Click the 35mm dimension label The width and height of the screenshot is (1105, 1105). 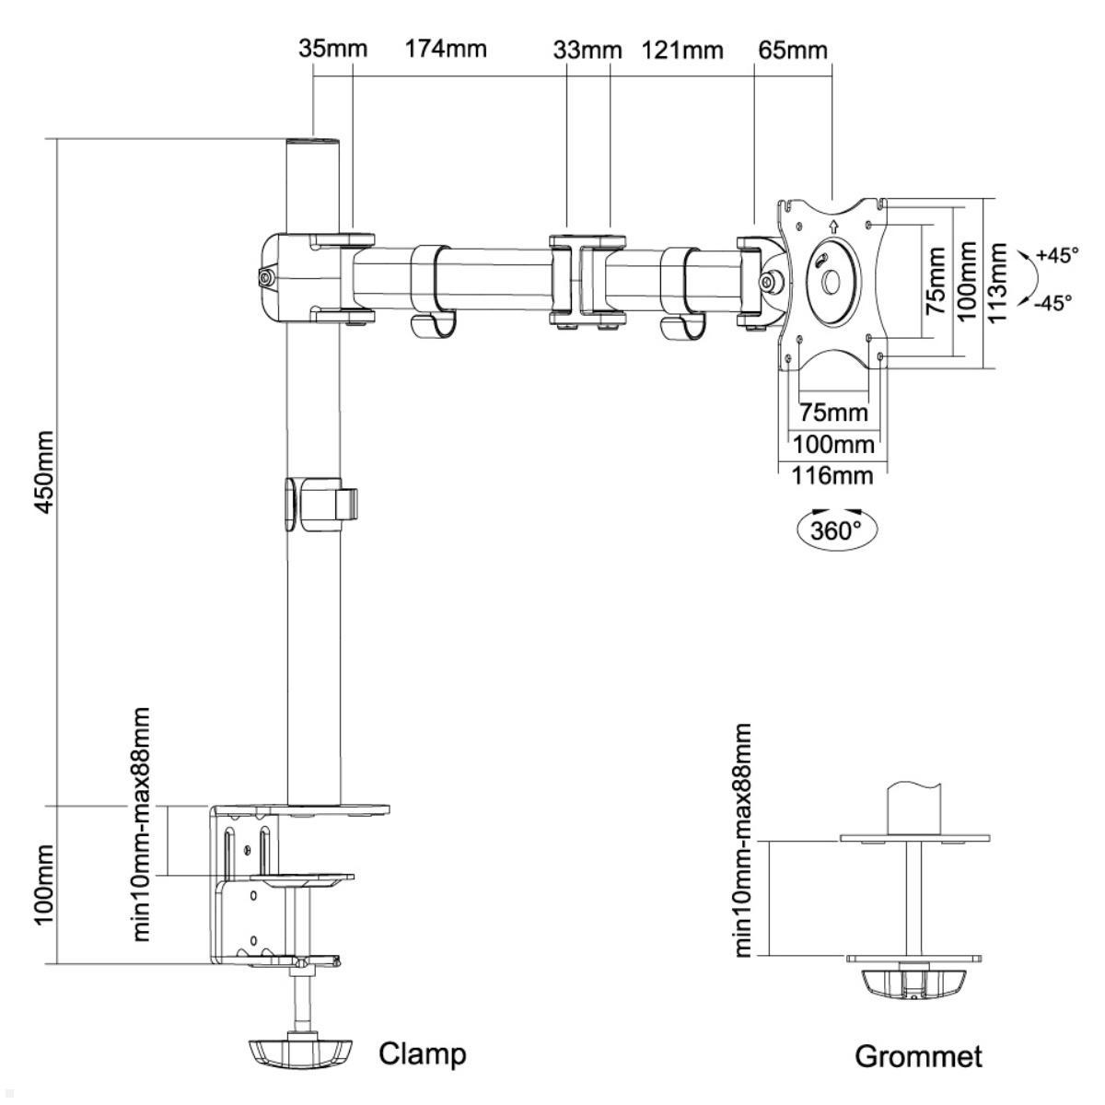tap(332, 49)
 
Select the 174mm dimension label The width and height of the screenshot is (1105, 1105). tap(446, 49)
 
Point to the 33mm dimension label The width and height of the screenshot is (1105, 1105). tap(587, 49)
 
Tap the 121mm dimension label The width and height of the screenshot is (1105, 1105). tap(682, 49)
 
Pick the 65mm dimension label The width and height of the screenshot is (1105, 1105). tap(792, 49)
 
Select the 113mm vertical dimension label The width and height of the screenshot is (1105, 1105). tap(997, 282)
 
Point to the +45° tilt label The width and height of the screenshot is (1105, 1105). tap(1056, 255)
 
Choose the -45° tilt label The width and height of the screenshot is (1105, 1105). tap(1052, 302)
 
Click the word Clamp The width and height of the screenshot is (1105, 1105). tap(423, 1053)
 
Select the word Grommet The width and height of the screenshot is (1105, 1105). tap(918, 1056)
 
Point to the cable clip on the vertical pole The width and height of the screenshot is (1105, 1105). tap(321, 504)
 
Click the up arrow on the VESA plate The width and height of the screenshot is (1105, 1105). tap(832, 224)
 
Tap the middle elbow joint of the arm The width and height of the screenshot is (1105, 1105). tap(588, 280)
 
